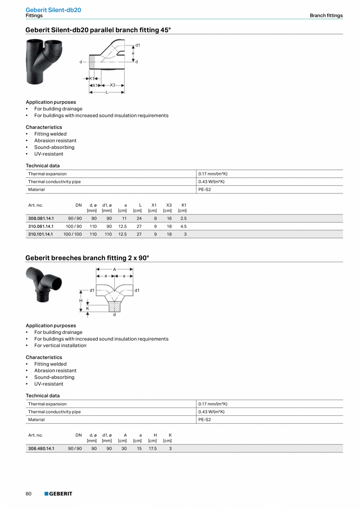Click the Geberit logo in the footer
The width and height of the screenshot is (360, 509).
tap(58, 494)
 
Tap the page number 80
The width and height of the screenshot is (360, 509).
tap(29, 494)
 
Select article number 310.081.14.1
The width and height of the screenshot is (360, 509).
tap(41, 226)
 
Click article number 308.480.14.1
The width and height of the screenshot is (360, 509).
tap(41, 448)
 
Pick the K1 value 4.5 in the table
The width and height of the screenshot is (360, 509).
tap(183, 226)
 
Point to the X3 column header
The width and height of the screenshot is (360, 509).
tap(169, 205)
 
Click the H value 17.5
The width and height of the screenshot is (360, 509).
tap(153, 448)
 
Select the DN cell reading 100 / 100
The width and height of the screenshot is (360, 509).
tap(72, 234)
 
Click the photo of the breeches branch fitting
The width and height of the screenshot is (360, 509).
tap(44, 285)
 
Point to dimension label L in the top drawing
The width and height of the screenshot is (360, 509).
tap(107, 92)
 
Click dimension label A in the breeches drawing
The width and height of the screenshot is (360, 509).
tap(115, 269)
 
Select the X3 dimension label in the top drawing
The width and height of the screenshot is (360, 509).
tap(112, 85)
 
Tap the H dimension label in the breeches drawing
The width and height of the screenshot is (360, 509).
tap(81, 301)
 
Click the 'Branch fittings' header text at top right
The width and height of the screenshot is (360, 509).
tap(326, 16)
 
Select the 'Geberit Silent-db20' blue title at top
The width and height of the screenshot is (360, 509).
tap(53, 10)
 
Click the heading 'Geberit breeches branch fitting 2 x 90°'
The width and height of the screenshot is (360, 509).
tap(87, 258)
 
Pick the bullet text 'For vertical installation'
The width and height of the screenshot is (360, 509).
tap(60, 345)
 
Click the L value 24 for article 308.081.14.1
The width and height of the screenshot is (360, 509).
tap(139, 218)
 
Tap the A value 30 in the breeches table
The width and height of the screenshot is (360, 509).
tap(124, 448)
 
